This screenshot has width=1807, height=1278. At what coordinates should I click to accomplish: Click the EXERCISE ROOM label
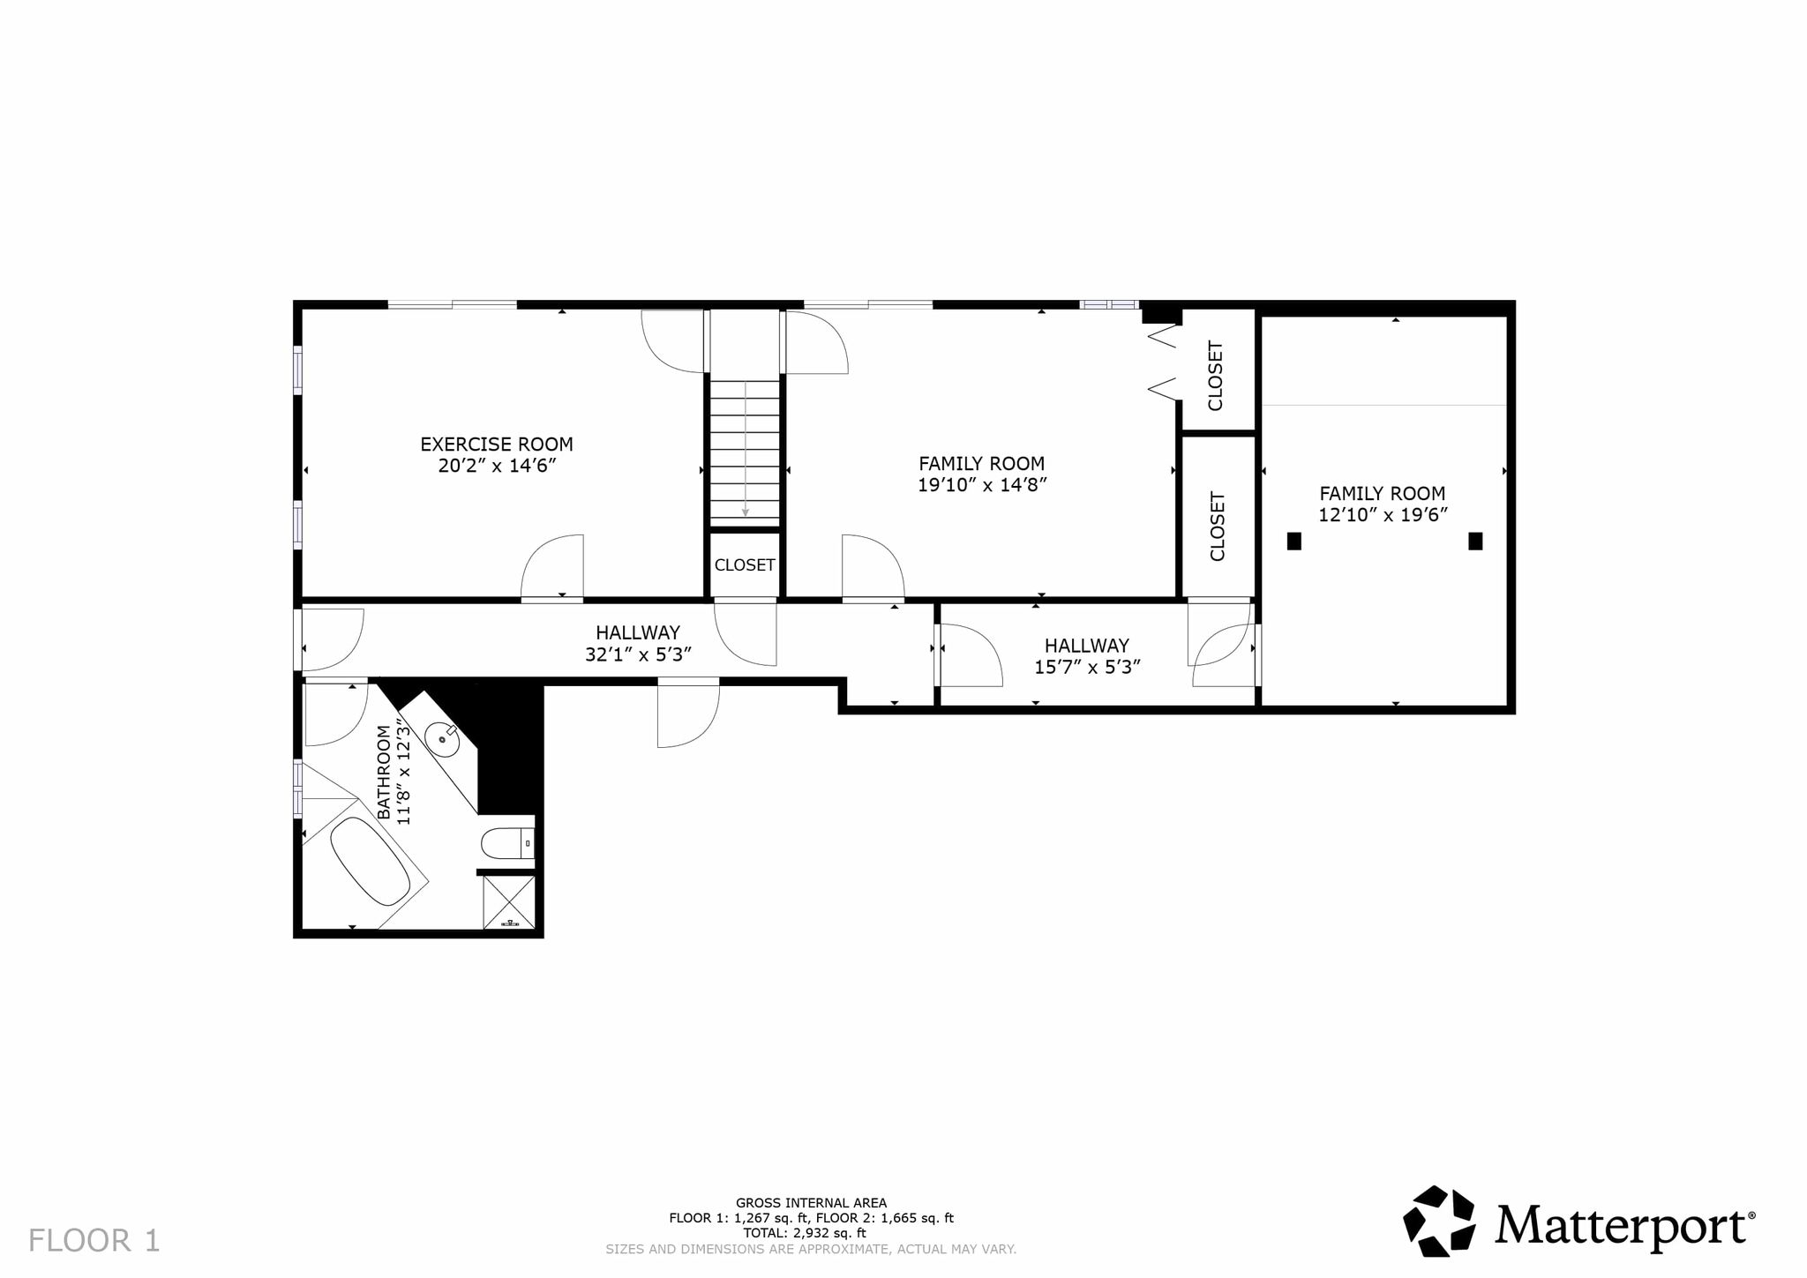pos(497,445)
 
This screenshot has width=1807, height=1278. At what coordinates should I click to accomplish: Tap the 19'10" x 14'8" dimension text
pos(982,484)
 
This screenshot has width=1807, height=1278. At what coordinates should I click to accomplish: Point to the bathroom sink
pos(442,737)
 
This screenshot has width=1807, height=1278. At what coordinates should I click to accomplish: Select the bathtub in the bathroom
pos(370,862)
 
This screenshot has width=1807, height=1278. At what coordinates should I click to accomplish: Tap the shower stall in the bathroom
pos(509,901)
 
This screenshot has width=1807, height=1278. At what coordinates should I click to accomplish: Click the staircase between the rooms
pos(746,452)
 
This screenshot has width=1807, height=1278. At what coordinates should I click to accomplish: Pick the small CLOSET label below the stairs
pos(745,565)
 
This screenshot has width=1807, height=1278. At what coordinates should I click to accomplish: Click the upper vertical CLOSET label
pos(1216,376)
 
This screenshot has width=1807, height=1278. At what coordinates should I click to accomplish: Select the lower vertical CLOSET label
pos(1218,527)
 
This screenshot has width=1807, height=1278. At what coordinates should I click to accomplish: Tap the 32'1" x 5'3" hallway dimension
pos(638,654)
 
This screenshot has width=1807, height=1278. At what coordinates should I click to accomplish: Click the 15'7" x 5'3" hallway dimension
pos(1087,667)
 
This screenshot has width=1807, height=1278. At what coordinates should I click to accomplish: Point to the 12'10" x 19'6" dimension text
pos(1383,515)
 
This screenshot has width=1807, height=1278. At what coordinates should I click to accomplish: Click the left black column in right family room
pos(1294,541)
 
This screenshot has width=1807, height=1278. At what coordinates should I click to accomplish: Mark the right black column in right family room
pos(1475,541)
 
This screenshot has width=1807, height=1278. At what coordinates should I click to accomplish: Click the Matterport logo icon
pos(1439,1221)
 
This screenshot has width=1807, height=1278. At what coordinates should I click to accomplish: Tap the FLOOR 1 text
pos(94,1241)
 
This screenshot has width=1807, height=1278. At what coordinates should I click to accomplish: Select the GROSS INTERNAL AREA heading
pos(811,1203)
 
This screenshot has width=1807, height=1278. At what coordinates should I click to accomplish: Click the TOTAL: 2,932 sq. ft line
pos(805,1233)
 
